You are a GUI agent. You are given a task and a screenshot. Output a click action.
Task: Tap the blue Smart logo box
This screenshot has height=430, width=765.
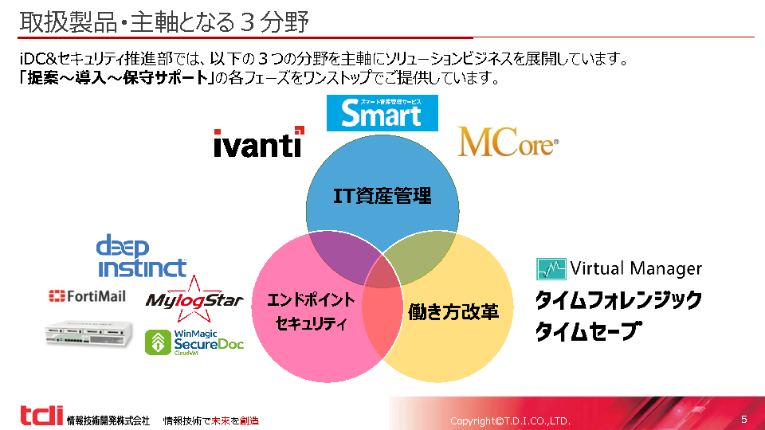pos(382,113)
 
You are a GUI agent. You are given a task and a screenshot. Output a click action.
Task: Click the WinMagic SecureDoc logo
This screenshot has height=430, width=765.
pos(194,342)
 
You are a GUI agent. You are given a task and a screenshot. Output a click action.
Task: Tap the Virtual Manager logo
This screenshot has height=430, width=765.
pos(618,268)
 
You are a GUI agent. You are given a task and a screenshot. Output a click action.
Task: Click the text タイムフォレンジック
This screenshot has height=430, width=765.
pos(618,300)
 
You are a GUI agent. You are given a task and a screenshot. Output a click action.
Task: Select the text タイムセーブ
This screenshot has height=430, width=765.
pos(587,330)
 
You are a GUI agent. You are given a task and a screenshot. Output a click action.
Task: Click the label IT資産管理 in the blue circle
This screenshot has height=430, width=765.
pos(382,196)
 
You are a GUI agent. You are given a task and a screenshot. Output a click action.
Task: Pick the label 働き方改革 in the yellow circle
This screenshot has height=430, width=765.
pos(453,311)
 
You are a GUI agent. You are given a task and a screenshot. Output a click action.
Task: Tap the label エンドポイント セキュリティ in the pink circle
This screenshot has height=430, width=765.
pos(311,311)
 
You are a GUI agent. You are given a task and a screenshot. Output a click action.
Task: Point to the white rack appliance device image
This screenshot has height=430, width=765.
pos(88,334)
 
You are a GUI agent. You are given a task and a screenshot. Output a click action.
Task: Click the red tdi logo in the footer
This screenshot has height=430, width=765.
pos(41,416)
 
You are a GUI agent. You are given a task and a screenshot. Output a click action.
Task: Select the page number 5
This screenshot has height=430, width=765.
pos(744,419)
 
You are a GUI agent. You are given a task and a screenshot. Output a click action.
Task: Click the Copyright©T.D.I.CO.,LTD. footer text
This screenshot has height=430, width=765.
pos(510,420)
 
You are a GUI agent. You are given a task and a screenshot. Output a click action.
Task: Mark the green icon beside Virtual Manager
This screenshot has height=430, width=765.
pos(551,268)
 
